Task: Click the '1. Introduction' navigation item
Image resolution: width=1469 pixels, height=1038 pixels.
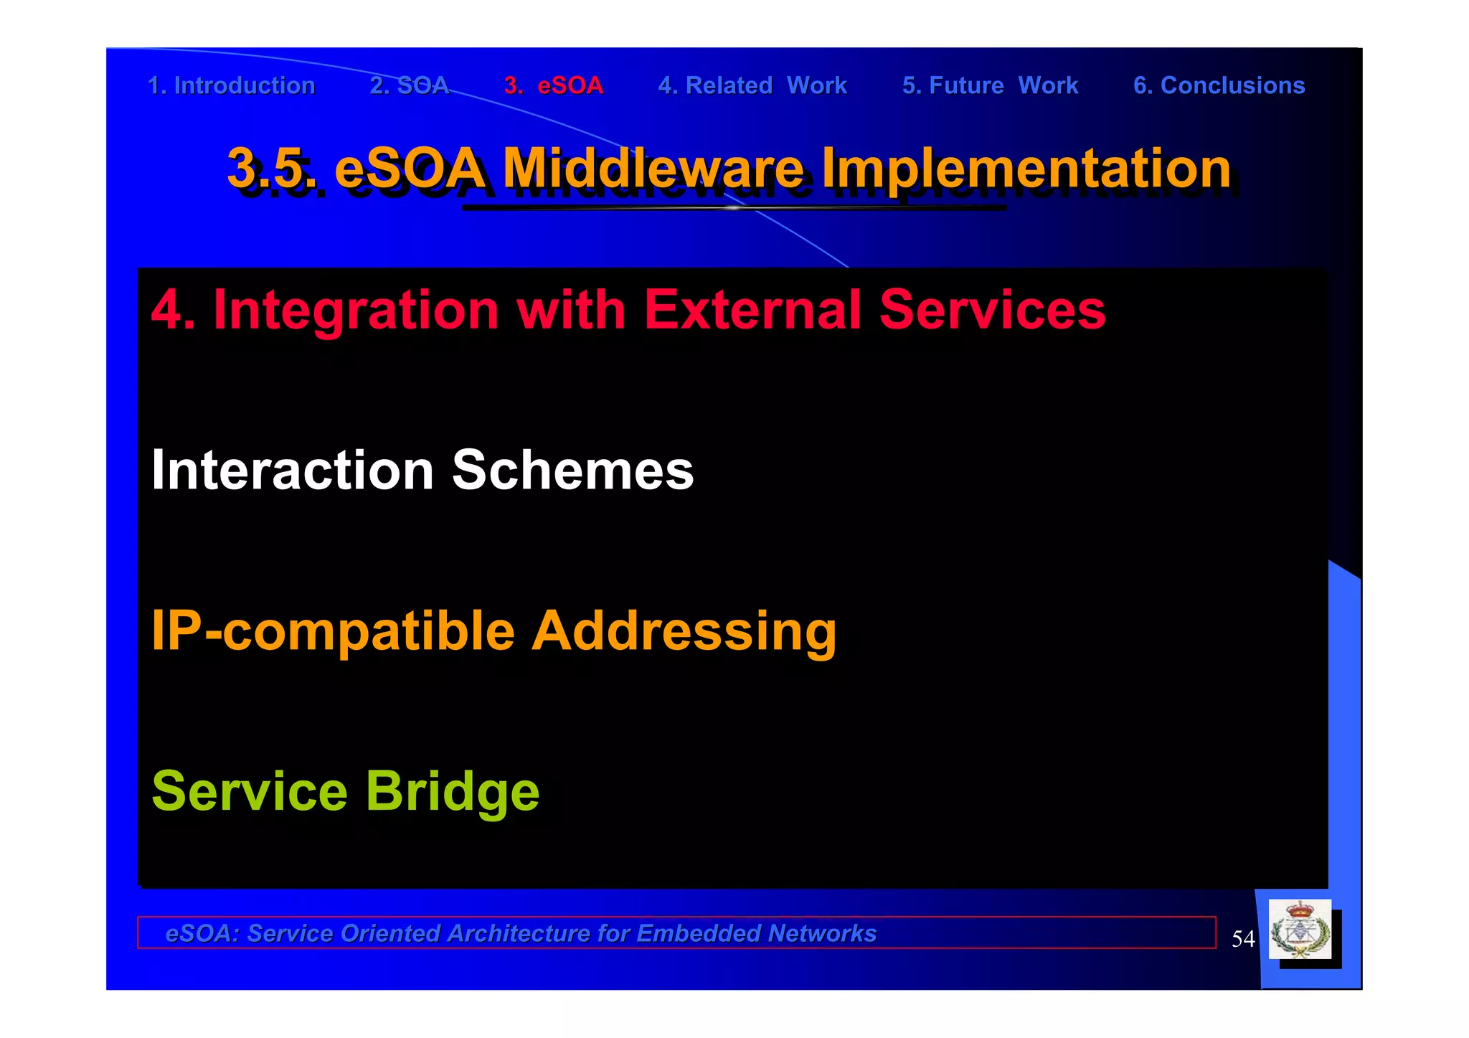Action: click(231, 85)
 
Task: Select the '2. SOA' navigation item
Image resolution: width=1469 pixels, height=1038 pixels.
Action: click(410, 85)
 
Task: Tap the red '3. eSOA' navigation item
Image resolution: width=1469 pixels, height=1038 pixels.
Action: click(554, 85)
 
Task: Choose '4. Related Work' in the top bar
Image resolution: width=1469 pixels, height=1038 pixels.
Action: click(752, 85)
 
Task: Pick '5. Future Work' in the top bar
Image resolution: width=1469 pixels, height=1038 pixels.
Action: click(990, 85)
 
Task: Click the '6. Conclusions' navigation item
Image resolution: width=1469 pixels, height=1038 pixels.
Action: click(1219, 85)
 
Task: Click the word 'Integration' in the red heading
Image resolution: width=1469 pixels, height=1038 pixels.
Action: click(356, 310)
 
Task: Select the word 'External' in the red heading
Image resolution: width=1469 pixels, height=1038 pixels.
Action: click(752, 310)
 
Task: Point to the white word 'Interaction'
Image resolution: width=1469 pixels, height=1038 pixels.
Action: click(293, 471)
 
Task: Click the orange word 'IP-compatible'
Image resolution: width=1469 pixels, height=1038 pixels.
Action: click(333, 631)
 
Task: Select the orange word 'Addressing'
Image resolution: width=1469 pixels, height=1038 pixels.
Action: click(684, 631)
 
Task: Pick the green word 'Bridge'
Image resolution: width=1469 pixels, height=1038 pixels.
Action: click(453, 792)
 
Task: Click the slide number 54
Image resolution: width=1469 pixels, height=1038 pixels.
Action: click(1243, 938)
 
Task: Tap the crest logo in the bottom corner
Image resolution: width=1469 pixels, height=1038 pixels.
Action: click(1300, 930)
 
